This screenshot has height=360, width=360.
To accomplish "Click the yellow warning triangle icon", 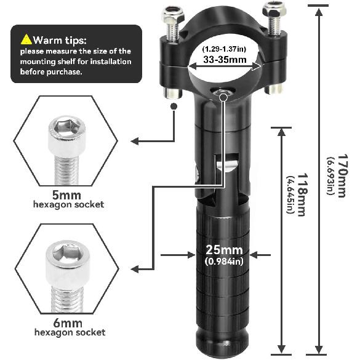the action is point(26,39).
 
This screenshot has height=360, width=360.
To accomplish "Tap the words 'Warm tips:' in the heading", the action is point(60,40).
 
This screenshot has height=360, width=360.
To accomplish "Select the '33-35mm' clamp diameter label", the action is point(225,60).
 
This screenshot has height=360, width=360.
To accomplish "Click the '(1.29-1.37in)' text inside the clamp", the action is point(224,49).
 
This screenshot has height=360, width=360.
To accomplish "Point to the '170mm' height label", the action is point(342,175).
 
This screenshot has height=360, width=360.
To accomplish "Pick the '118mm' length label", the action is point(301,194).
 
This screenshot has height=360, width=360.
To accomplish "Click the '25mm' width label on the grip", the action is point(224,250).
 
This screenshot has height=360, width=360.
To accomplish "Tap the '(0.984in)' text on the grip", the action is point(224,262).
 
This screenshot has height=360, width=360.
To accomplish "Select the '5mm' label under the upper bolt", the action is point(66,195).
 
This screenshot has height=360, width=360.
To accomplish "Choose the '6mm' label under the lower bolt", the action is point(68,323).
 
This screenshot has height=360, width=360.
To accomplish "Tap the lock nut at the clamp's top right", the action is point(274,9).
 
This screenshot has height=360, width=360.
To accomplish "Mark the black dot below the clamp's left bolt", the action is point(174,106).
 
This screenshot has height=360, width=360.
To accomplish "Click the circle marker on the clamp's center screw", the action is point(223,97).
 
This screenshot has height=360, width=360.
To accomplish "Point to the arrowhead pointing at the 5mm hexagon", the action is point(135,141).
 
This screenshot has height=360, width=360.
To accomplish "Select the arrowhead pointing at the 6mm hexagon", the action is point(135,269).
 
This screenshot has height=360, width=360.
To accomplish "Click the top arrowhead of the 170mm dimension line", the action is point(318,12).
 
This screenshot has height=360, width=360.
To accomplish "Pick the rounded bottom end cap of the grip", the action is point(222,345).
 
